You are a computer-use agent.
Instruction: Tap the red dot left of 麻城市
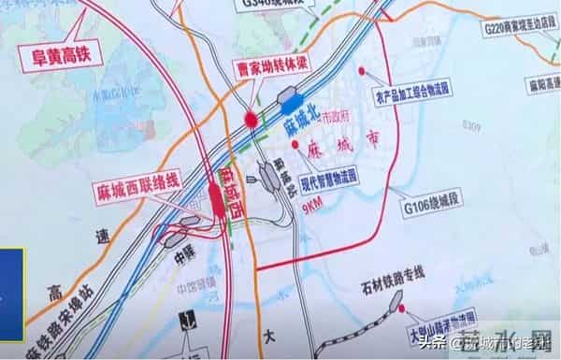[295, 146]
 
